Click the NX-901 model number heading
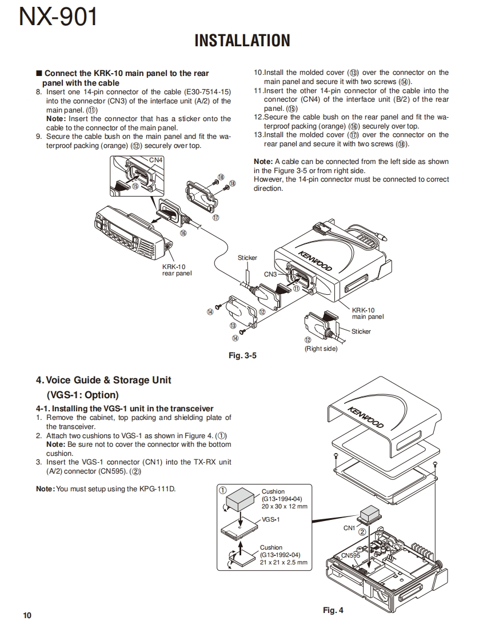tap(58, 18)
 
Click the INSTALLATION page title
tap(242, 41)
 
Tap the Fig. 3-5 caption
tap(242, 355)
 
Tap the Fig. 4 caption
tap(333, 610)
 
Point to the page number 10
tap(27, 615)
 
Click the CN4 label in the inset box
tap(155, 160)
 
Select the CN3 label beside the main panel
tap(270, 274)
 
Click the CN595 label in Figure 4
tap(350, 555)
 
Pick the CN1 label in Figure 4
tap(349, 528)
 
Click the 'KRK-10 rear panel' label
tap(177, 270)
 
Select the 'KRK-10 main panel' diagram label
tap(368, 313)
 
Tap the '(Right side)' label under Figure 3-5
tap(321, 348)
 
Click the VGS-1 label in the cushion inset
tap(270, 520)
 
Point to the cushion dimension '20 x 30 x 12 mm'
tap(284, 506)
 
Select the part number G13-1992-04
tap(280, 555)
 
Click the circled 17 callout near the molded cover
tap(215, 217)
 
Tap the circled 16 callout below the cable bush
tap(183, 233)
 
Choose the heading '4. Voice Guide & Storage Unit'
tap(103, 380)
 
